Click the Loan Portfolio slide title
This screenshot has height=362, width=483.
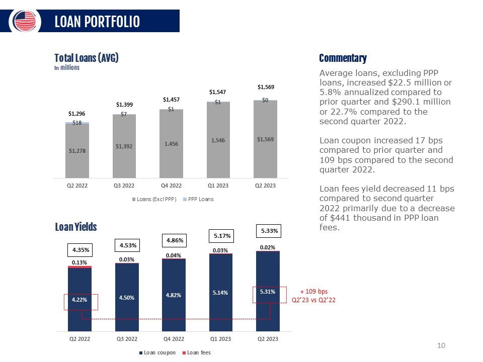pyautogui.click(x=97, y=22)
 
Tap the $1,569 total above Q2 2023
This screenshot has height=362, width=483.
pyautogui.click(x=266, y=87)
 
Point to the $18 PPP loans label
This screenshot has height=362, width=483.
pyautogui.click(x=77, y=122)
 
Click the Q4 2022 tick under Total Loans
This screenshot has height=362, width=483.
pyautogui.click(x=171, y=185)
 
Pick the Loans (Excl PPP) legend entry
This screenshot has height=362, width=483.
pyautogui.click(x=156, y=199)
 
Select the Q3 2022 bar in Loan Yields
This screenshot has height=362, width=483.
pyautogui.click(x=127, y=297)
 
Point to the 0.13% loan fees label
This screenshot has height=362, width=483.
pyautogui.click(x=79, y=262)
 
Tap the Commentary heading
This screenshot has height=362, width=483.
pyautogui.click(x=343, y=58)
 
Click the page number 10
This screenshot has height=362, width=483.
pyautogui.click(x=442, y=345)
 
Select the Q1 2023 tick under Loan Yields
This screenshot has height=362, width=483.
pyautogui.click(x=220, y=339)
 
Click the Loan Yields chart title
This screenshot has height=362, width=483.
pyautogui.click(x=76, y=227)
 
